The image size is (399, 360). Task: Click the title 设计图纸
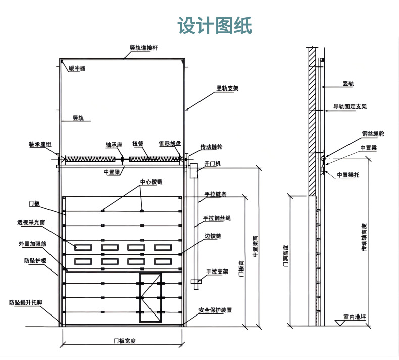pos(214,25)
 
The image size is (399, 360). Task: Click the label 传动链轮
pos(211,147)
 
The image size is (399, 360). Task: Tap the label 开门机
pos(212,164)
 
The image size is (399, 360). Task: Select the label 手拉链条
pos(215,194)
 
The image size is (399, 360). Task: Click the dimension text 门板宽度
pos(124,340)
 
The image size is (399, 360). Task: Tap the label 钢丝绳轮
pos(373,134)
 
